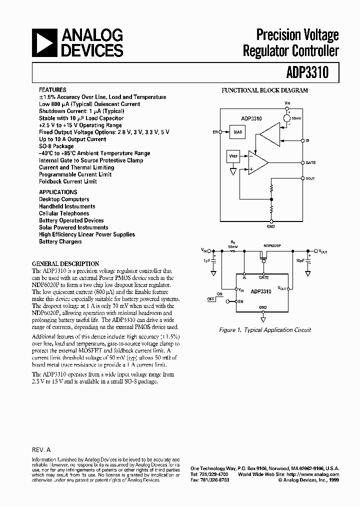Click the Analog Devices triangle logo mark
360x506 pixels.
point(44,42)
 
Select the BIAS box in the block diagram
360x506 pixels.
point(237,132)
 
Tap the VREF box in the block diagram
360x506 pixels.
point(233,156)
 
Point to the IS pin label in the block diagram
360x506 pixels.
point(307,141)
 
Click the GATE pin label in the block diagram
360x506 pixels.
point(310,162)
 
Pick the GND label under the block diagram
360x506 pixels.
point(271,226)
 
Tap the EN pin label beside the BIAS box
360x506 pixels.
point(215,132)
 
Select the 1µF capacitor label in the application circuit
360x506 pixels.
point(206,260)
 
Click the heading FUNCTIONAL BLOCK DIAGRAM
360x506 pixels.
point(265,90)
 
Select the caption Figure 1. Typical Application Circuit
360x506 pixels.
point(265,329)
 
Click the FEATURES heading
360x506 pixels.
point(52,90)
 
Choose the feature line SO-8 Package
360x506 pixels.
point(56,146)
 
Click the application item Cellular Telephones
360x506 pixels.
point(64,213)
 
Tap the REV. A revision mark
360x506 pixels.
point(41,450)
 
